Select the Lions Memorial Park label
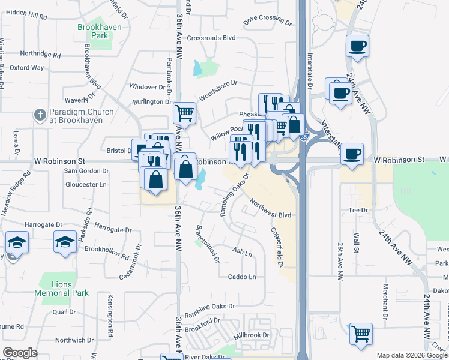point(65,289)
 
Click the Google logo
point(20,353)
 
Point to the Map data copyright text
point(412,355)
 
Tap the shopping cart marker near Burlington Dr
point(185,112)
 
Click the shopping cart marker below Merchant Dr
point(361,334)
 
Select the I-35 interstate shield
point(305,137)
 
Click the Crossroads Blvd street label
point(211,37)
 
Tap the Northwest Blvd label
point(270,208)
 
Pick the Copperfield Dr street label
point(276,247)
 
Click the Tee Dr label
point(358,210)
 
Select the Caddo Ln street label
point(242,277)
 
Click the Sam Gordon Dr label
point(86,171)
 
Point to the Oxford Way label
point(26,68)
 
